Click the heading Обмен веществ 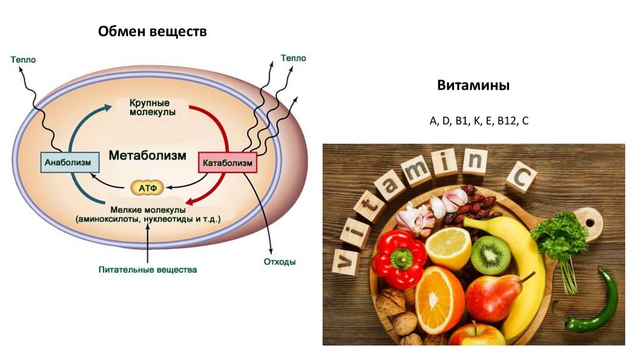(152, 31)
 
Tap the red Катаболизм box (228, 164)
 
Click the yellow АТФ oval (147, 186)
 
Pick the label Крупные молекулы (152, 107)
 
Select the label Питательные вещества (147, 270)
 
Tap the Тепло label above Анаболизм (23, 60)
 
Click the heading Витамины (473, 85)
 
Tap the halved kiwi (490, 255)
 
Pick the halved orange (439, 300)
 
